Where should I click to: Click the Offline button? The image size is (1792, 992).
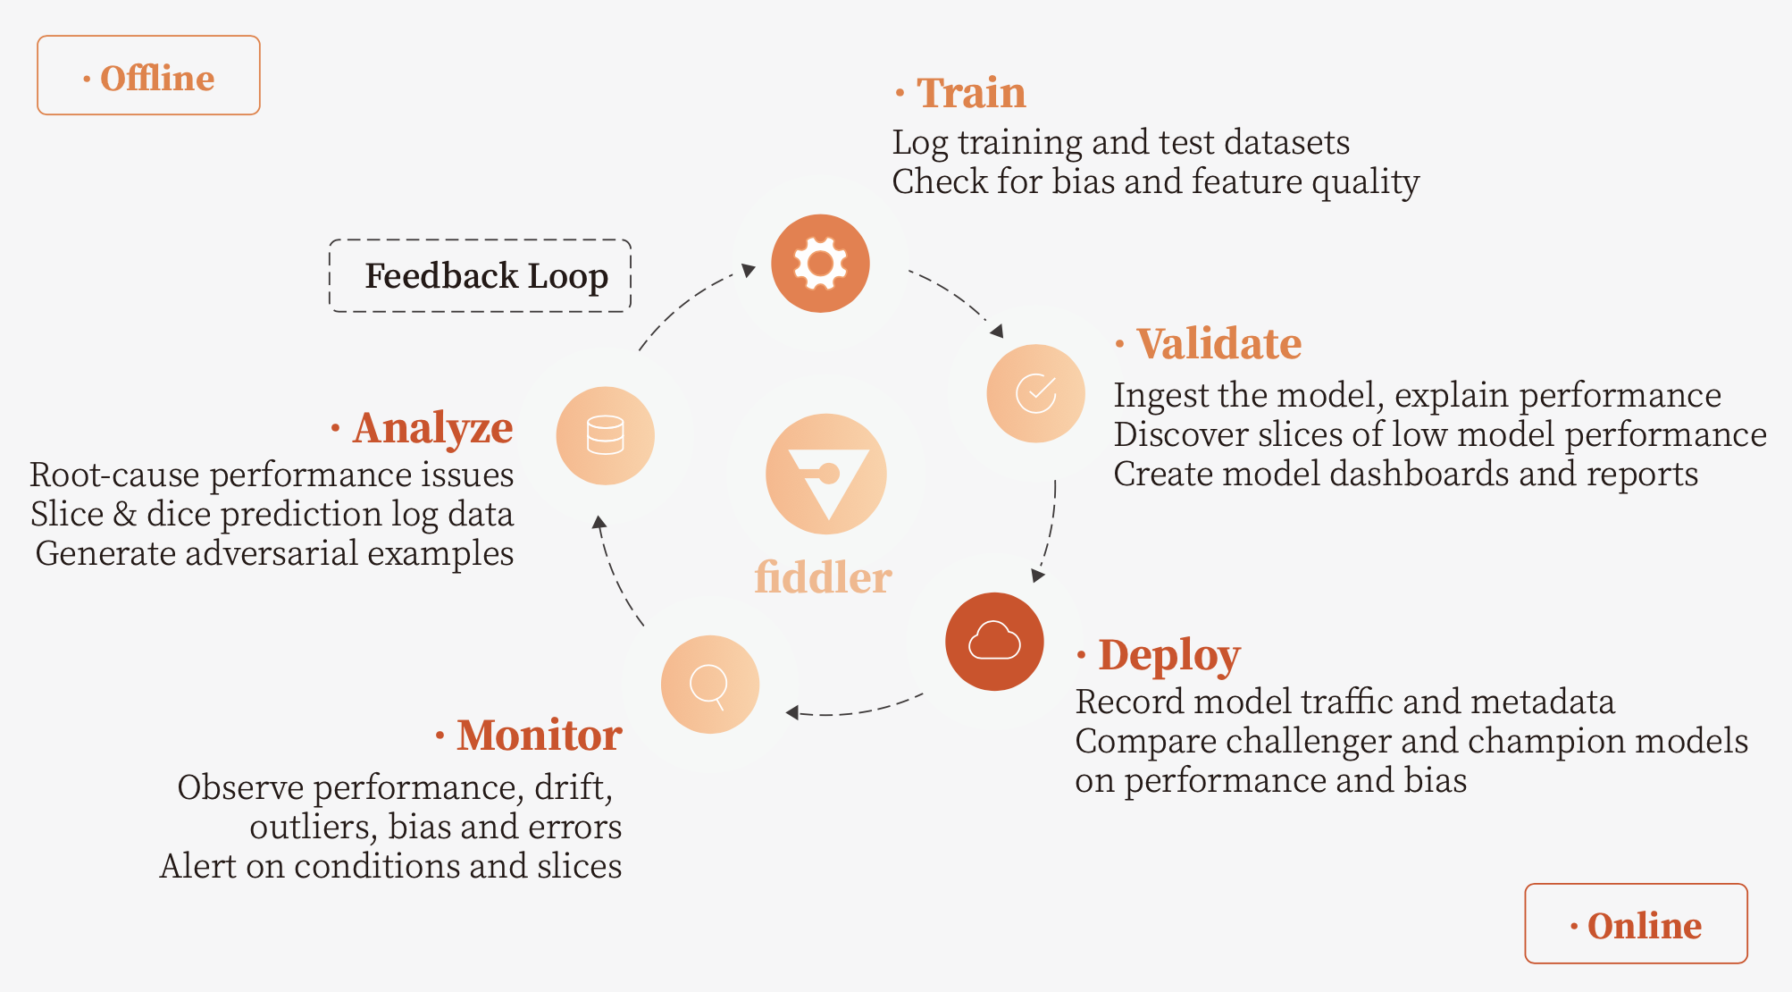coord(148,75)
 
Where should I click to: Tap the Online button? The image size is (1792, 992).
coord(1636,923)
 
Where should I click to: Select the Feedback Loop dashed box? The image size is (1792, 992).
coord(481,275)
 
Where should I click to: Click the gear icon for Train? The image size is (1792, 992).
coord(820,263)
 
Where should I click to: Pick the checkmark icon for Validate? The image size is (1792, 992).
coord(1035,393)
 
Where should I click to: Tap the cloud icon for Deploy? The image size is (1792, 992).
coord(994,641)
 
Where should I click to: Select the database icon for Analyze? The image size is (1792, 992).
coord(606,435)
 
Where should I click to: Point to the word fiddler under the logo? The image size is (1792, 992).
coord(823,577)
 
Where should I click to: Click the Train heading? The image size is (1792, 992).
coord(971,92)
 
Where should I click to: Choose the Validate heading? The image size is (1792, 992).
coord(1218,343)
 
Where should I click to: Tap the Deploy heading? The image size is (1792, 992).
coord(1169,656)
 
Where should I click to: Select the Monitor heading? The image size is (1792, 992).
coord(540,735)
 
